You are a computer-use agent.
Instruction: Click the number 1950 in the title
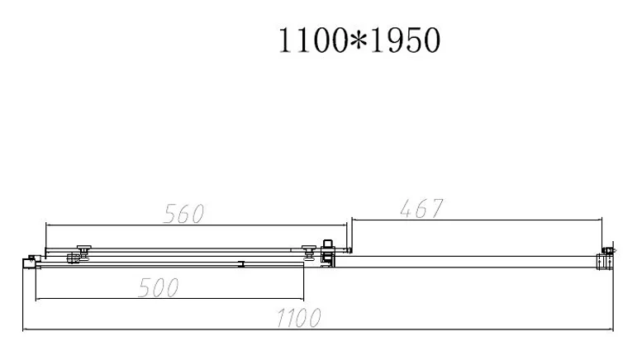coord(406,40)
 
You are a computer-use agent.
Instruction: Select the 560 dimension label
coord(183,214)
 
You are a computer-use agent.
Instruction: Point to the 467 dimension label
coord(421,209)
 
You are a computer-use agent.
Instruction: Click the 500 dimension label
coord(159,287)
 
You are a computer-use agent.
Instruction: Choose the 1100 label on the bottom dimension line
coord(299,318)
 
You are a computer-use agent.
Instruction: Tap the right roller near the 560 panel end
coord(309,253)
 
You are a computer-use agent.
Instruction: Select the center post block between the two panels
coord(328,253)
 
